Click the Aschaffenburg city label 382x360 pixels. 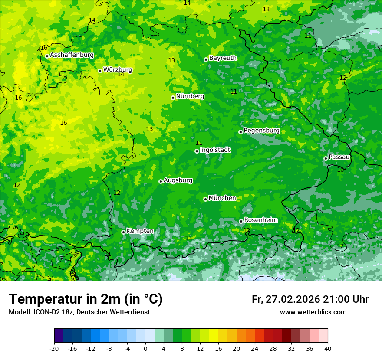click(72, 55)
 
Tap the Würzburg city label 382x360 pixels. click(118, 70)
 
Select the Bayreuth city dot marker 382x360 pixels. click(206, 59)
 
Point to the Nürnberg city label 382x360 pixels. click(190, 96)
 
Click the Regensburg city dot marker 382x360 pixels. click(240, 132)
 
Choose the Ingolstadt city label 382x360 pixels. click(215, 150)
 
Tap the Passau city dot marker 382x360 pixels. click(326, 158)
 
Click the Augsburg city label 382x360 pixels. click(178, 180)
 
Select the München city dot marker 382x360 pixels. click(205, 199)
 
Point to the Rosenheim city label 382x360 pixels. click(260, 220)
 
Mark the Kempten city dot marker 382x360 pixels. click(123, 232)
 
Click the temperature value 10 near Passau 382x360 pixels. click(340, 170)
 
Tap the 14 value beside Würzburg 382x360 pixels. click(121, 75)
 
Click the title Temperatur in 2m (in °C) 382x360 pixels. click(86, 299)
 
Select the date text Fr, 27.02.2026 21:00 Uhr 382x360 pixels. click(310, 299)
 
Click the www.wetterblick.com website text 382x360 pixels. click(313, 312)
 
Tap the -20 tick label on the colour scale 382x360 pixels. click(54, 349)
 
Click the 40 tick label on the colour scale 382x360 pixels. click(328, 349)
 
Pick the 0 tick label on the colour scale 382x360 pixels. click(145, 349)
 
